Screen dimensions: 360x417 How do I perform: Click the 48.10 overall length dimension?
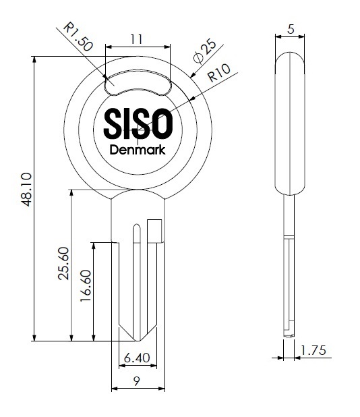27,189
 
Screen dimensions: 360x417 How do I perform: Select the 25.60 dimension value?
63,263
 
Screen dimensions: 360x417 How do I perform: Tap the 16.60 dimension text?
86,286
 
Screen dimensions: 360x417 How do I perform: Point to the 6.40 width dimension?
137,358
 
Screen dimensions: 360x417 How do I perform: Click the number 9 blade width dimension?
137,382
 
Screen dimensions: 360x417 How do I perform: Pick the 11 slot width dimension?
137,39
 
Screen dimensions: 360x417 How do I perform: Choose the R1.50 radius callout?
78,36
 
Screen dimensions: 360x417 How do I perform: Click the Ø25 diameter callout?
205,51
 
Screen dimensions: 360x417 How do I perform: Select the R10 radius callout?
219,73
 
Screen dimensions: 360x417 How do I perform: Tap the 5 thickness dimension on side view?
291,29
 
